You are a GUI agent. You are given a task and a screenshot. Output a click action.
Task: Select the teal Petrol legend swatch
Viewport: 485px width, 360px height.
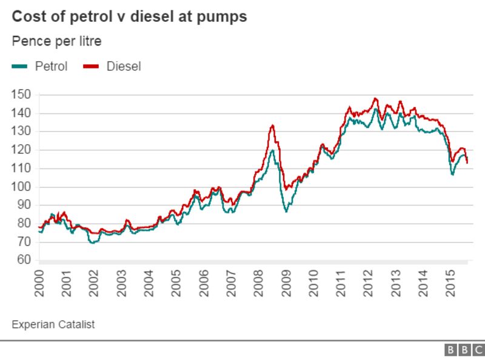[x=19, y=67]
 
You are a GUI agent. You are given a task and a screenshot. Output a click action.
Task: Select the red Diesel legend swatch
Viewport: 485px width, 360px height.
[x=91, y=67]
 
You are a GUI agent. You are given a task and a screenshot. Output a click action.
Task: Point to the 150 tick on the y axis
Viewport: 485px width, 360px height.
[x=21, y=95]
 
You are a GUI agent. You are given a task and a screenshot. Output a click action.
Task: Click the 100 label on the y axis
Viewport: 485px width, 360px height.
[x=21, y=187]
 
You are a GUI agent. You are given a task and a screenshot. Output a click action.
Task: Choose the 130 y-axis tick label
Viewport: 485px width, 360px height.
[x=21, y=132]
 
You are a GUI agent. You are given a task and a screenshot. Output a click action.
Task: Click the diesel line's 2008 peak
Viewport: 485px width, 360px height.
[x=272, y=125]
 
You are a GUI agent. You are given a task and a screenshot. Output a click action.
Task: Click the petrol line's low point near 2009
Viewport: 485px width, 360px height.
[x=286, y=212]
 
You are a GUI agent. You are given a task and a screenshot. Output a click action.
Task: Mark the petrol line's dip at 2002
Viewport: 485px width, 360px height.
[x=92, y=242]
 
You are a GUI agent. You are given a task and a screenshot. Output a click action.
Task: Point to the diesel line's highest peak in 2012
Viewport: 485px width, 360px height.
[x=375, y=98]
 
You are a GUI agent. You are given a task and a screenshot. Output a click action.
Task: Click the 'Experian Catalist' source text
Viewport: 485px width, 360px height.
[x=53, y=325]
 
